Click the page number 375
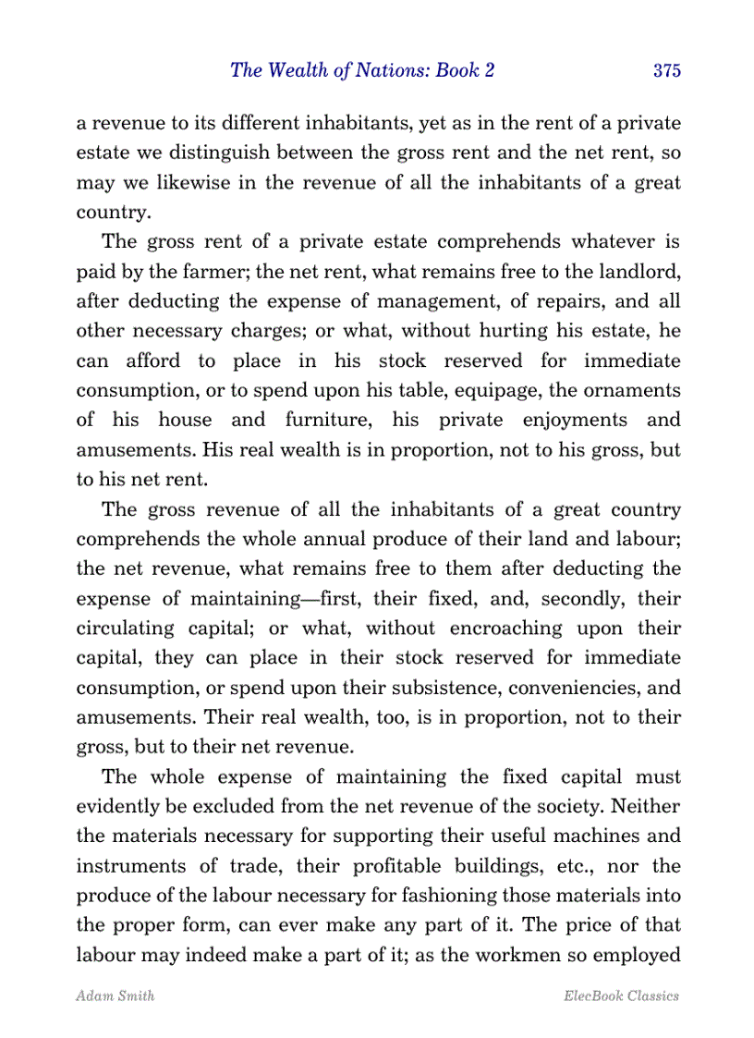click(x=666, y=71)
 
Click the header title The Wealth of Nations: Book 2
click(x=362, y=71)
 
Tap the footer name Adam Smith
click(x=102, y=995)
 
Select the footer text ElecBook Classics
click(x=621, y=995)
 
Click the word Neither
click(x=647, y=807)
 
